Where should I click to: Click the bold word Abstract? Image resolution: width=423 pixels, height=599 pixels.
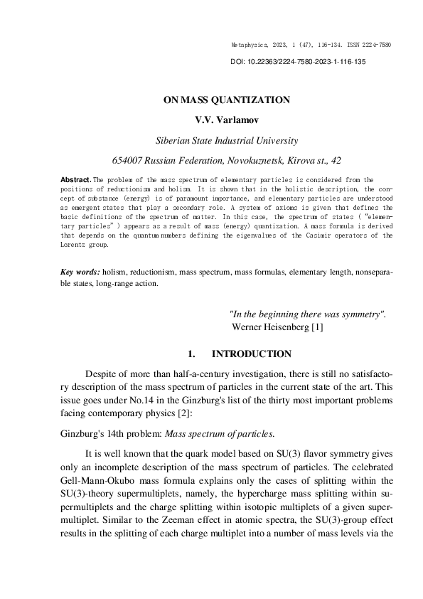click(x=75, y=181)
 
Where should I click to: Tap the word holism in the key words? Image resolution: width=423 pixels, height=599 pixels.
click(x=114, y=272)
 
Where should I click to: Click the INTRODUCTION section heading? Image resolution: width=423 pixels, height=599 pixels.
click(x=251, y=354)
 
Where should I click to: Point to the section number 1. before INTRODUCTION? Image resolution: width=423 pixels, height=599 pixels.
click(x=191, y=354)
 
